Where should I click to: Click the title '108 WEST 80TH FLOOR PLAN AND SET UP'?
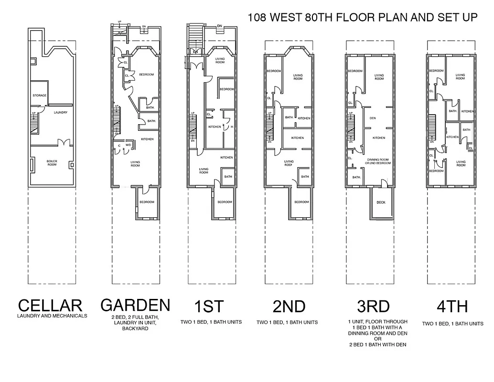point(362,18)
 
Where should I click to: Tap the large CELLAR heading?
point(50,306)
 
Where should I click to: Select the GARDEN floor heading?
point(135,305)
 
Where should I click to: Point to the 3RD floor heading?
point(373,306)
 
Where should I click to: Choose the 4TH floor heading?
point(451,306)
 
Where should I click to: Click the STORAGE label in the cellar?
point(39,95)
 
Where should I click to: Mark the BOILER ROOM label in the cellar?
point(52,163)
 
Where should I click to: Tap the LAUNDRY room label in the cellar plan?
point(60,113)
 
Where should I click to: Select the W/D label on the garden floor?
point(128,145)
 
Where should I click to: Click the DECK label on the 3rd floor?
point(381,202)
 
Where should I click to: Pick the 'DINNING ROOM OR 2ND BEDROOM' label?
point(379,161)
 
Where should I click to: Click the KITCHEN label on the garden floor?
point(147,139)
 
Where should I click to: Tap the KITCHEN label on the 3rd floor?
point(379,138)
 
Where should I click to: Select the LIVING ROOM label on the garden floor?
point(135,163)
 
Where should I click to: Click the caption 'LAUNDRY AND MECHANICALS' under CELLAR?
point(52,316)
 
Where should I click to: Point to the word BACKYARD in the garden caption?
point(135,329)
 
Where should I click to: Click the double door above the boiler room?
point(62,143)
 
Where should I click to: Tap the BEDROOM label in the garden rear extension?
point(147,202)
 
